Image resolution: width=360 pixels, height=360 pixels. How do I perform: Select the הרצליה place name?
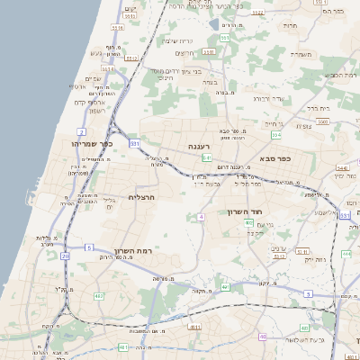pos(143,196)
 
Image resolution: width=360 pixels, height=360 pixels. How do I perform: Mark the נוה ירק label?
pos(311,259)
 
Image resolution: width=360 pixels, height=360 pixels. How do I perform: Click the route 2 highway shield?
pos(81,131)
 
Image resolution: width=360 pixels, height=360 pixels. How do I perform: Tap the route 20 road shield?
pos(66,256)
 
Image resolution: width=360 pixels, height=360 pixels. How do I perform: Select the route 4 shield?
pos(202,217)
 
